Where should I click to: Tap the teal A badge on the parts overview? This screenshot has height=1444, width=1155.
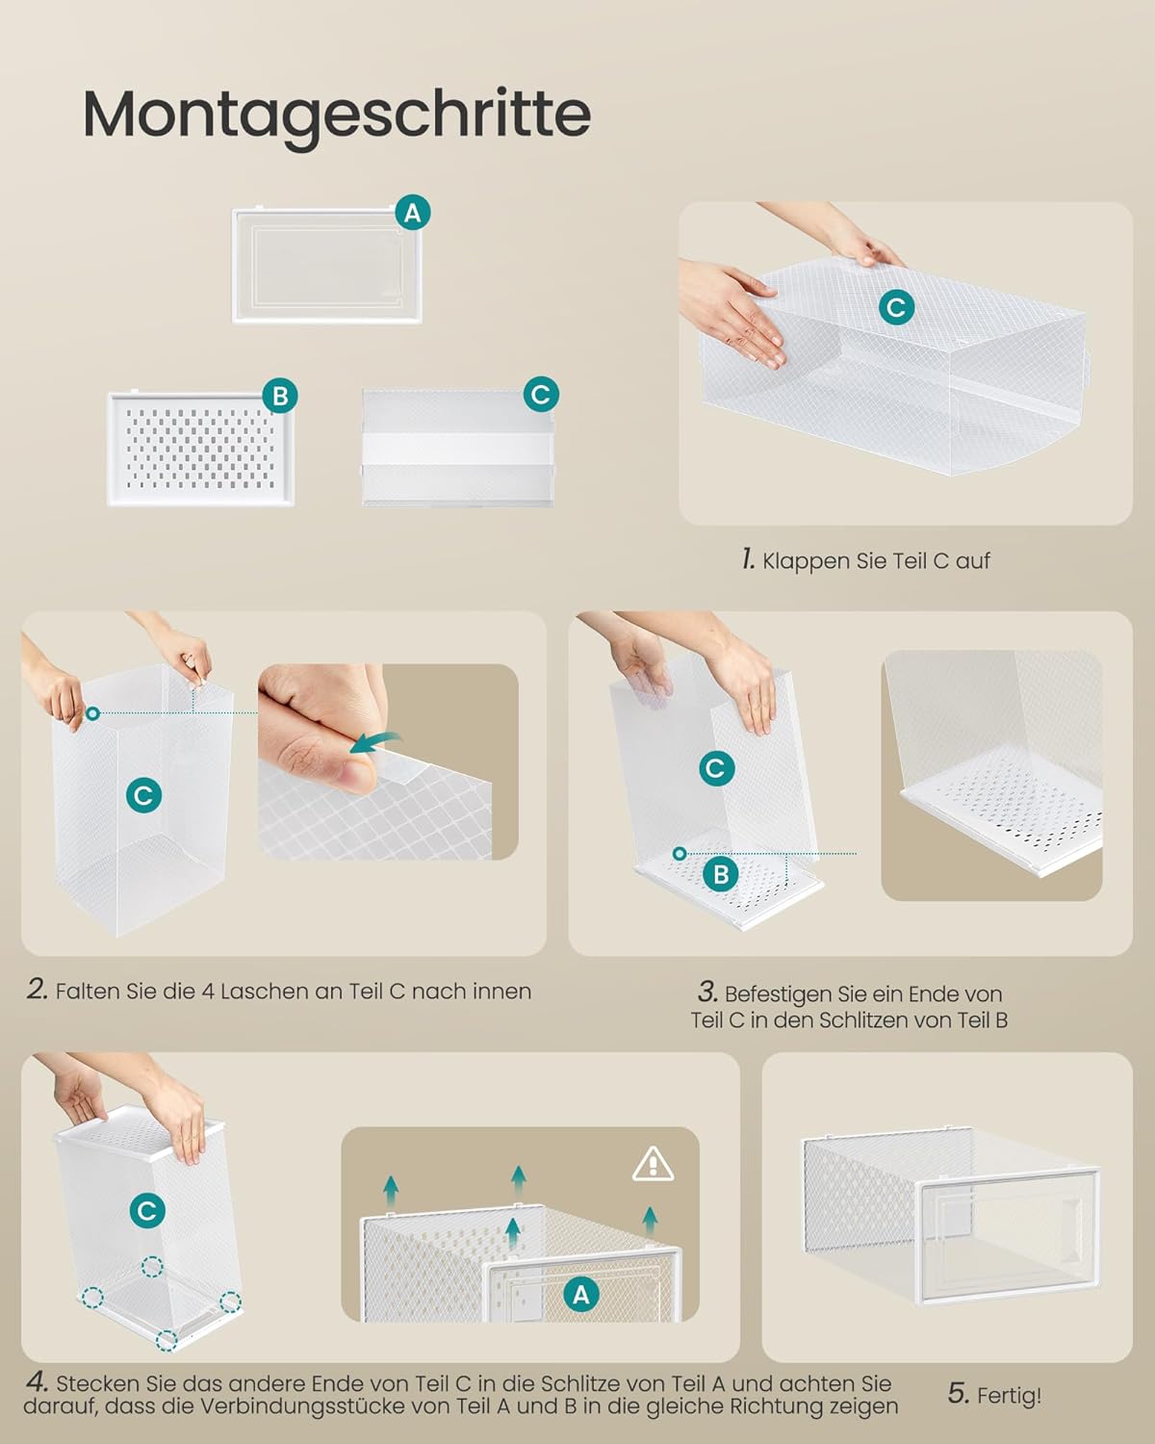pos(412,213)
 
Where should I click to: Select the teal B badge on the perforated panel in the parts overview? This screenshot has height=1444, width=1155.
pos(280,396)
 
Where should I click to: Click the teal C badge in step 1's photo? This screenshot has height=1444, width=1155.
pos(896,308)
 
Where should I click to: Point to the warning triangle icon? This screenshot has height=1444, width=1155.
pos(653,1165)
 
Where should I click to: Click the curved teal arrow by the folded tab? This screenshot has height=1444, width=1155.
pos(375,742)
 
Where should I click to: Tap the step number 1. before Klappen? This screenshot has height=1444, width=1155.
pos(748,559)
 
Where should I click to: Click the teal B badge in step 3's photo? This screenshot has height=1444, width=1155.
pos(721,874)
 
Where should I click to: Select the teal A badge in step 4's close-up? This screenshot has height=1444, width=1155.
pos(581,1295)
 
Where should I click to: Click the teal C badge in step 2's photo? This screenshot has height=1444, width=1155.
pos(143,795)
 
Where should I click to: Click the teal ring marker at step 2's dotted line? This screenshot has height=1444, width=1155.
pos(92,713)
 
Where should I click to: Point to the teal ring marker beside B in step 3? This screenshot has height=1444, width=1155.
pos(680,854)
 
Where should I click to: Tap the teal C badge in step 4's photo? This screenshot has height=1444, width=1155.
pos(147,1211)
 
